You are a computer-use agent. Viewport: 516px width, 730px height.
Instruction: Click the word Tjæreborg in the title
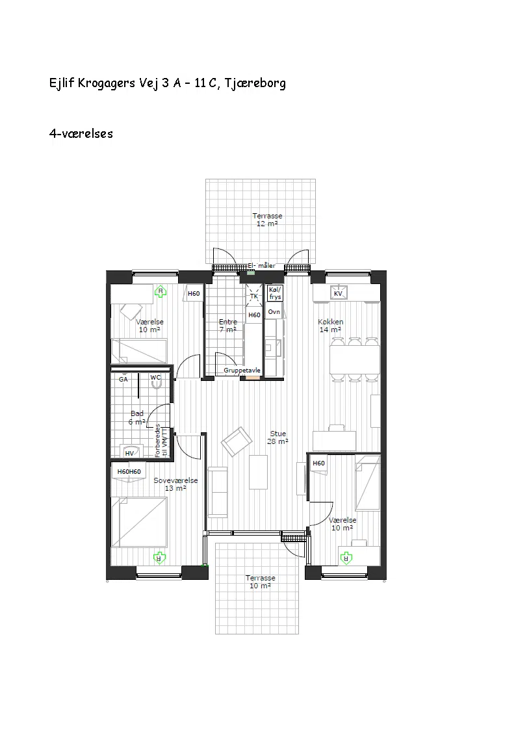pyautogui.click(x=255, y=83)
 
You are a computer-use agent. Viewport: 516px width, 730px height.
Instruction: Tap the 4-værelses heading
pyautogui.click(x=81, y=134)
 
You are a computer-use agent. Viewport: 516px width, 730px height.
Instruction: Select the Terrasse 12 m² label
pyautogui.click(x=267, y=220)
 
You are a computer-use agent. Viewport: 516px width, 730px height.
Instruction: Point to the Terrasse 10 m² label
pyautogui.click(x=261, y=582)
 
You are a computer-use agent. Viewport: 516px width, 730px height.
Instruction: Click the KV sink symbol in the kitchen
pyautogui.click(x=339, y=293)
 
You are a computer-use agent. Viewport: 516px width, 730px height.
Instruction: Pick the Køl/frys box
pyautogui.click(x=275, y=293)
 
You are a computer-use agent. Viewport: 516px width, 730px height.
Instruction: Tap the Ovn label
pyautogui.click(x=274, y=312)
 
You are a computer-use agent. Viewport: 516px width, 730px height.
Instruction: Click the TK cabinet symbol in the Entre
pyautogui.click(x=254, y=296)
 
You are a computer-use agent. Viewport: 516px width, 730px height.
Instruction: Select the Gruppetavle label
pyautogui.click(x=242, y=371)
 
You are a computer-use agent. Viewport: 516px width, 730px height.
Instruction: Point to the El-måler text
pyautogui.click(x=261, y=265)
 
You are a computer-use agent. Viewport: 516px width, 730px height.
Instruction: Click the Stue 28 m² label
pyautogui.click(x=277, y=437)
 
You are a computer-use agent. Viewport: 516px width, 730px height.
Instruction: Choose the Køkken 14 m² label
pyautogui.click(x=330, y=326)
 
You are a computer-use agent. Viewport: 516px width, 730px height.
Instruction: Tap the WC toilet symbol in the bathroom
pyautogui.click(x=156, y=381)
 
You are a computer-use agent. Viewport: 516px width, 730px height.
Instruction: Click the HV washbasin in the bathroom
pyautogui.click(x=131, y=452)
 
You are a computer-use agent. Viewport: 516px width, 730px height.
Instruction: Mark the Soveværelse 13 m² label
pyautogui.click(x=175, y=484)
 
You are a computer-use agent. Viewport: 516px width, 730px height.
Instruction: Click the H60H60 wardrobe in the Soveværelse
pyautogui.click(x=129, y=472)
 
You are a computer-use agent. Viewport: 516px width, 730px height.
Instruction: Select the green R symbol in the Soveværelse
pyautogui.click(x=160, y=557)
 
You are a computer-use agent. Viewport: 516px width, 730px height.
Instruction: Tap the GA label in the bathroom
pyautogui.click(x=123, y=380)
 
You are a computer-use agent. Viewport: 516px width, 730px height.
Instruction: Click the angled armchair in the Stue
pyautogui.click(x=237, y=441)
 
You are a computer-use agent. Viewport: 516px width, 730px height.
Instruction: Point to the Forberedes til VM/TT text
pyautogui.click(x=161, y=441)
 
